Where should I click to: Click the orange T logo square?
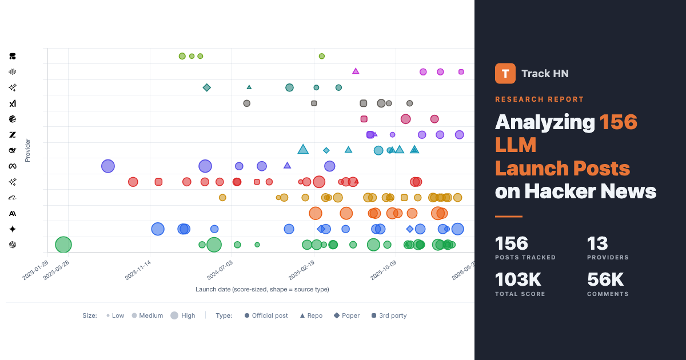pos(505,73)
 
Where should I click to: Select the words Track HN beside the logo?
pos(545,73)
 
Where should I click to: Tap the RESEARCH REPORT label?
pos(539,99)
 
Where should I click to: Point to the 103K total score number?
pos(518,279)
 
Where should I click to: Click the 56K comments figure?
pos(605,279)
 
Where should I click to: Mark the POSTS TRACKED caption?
pos(525,258)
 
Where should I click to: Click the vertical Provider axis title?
pos(27,150)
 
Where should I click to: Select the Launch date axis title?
pos(262,289)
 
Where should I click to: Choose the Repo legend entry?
pos(311,315)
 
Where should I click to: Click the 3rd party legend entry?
pos(389,315)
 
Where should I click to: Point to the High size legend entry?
pos(183,315)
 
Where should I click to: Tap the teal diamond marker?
pos(207,87)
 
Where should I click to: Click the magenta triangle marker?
pos(356,71)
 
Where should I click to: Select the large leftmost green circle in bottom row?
pos(63,245)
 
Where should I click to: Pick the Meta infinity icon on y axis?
pos(13,166)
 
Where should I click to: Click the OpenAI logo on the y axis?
pos(13,245)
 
